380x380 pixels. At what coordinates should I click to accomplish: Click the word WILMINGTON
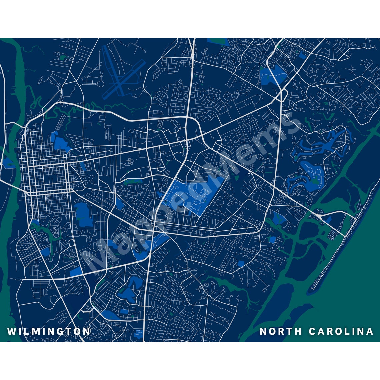coord(49,331)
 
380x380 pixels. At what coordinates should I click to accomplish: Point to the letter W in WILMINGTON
coord(11,331)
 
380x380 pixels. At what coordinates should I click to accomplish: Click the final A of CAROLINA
coord(370,331)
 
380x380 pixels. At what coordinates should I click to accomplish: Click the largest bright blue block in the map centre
coord(193,197)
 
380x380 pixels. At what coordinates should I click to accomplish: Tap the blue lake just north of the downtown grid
coord(60,142)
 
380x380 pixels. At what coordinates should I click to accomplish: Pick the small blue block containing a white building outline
coord(139,333)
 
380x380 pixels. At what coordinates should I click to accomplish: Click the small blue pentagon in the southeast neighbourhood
coord(241,264)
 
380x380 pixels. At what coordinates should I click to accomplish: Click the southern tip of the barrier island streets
coord(313,287)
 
